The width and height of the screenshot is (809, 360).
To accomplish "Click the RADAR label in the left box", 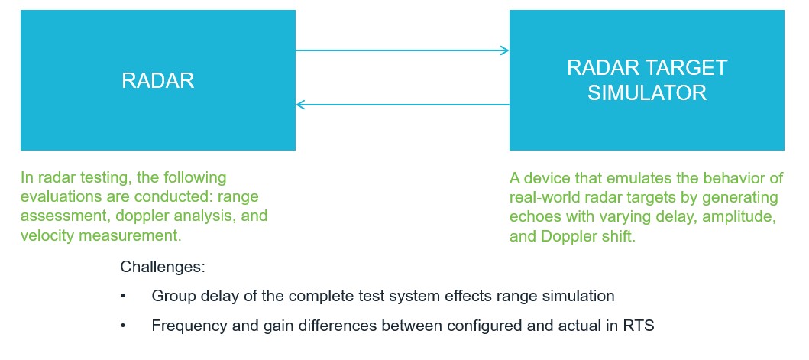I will pyautogui.click(x=157, y=81).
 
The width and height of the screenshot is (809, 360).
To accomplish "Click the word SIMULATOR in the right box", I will pyautogui.click(x=647, y=93).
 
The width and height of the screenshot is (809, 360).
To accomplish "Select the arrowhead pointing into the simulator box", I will pyautogui.click(x=504, y=50).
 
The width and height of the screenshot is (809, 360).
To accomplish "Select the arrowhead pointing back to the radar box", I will pyautogui.click(x=301, y=104).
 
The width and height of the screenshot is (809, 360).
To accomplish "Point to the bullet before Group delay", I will pyautogui.click(x=124, y=295).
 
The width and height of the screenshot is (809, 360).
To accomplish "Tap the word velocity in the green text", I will pyautogui.click(x=45, y=235).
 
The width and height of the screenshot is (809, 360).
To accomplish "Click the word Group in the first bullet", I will pyautogui.click(x=173, y=295).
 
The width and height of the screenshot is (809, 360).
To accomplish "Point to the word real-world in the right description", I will pyautogui.click(x=545, y=197).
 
